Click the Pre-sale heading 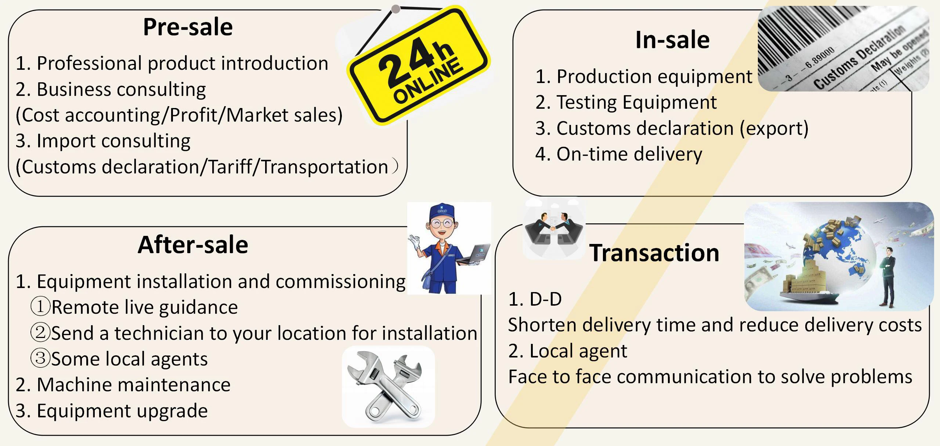[x=188, y=27]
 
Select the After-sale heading [x=193, y=245]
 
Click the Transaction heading [x=654, y=253]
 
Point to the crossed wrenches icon [x=388, y=386]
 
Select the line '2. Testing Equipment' [x=626, y=102]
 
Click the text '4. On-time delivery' [x=618, y=154]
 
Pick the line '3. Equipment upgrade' [x=112, y=411]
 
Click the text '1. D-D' [x=535, y=299]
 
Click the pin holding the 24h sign [x=395, y=9]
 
